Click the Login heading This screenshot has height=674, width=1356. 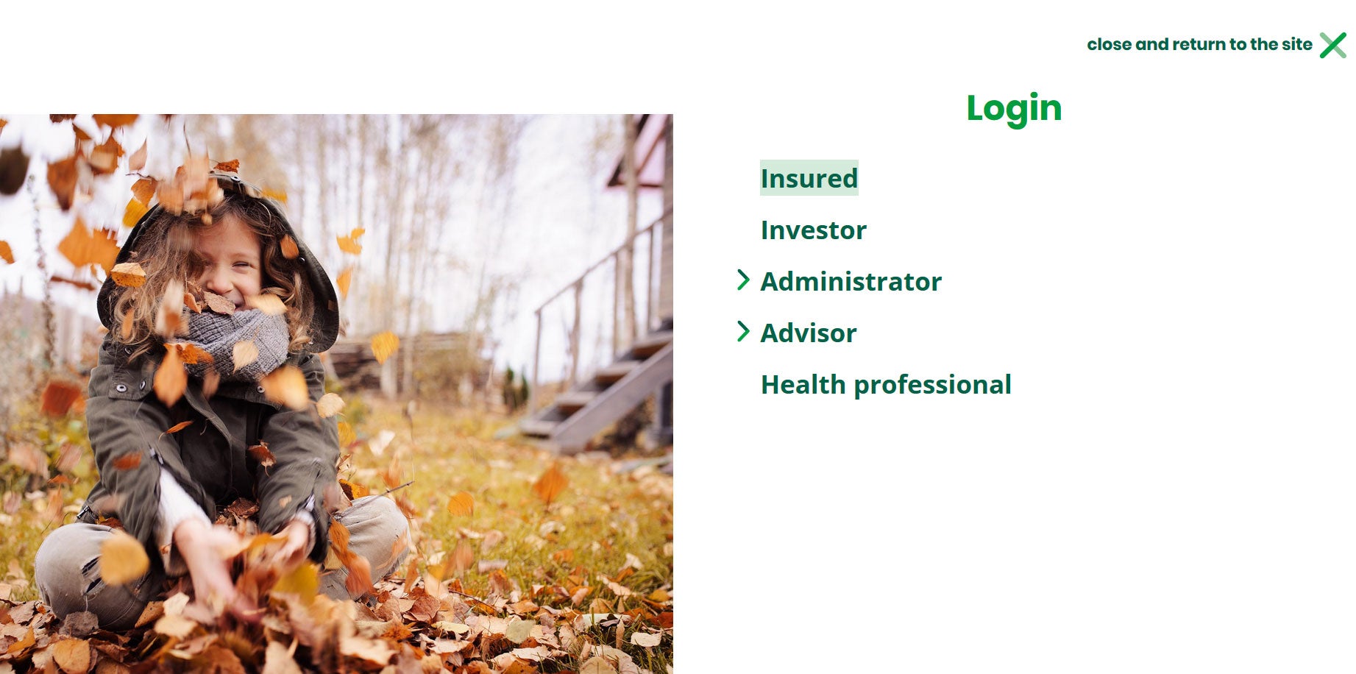pyautogui.click(x=1014, y=108)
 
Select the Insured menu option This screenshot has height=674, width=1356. pyautogui.click(x=809, y=178)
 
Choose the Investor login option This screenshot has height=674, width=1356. pyautogui.click(x=814, y=230)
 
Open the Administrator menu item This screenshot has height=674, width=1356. pyautogui.click(x=851, y=282)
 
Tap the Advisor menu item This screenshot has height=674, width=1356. pyautogui.click(x=809, y=333)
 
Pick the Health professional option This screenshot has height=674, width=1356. pyautogui.click(x=886, y=385)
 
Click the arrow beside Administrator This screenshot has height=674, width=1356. pyautogui.click(x=743, y=280)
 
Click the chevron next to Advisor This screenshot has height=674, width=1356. pyautogui.click(x=743, y=331)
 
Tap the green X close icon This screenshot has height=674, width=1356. pyautogui.click(x=1332, y=45)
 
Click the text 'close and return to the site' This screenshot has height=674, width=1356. pyautogui.click(x=1199, y=44)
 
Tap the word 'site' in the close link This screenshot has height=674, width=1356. pyautogui.click(x=1296, y=44)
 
